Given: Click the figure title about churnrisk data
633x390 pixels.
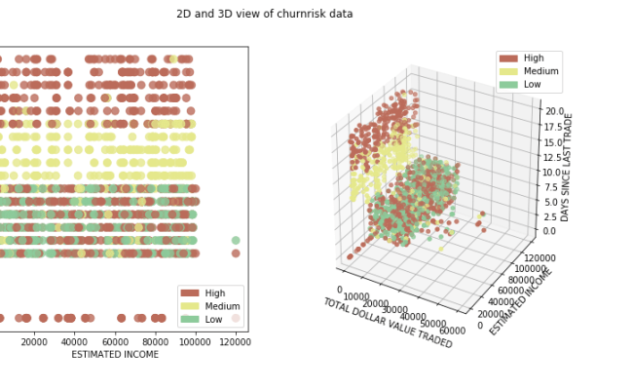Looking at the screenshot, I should point(264,14).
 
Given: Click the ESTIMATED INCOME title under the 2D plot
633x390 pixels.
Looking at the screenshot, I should point(115,354).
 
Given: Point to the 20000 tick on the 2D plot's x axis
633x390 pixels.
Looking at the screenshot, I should point(34,341).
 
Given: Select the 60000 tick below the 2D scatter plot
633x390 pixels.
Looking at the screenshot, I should point(115,341).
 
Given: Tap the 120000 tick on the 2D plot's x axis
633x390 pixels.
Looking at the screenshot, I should point(235,341).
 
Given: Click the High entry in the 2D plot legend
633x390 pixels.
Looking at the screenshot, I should point(214,292).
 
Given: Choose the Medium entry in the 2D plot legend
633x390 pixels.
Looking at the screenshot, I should point(221,306).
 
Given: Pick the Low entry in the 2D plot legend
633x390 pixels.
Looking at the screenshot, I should point(213,320).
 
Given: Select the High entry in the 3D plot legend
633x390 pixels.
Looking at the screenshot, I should point(534,58).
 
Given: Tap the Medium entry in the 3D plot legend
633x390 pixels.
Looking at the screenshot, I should point(540,71).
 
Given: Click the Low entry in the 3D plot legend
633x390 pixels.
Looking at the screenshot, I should point(533,85).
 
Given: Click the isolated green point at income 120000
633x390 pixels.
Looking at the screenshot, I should point(235,240).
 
